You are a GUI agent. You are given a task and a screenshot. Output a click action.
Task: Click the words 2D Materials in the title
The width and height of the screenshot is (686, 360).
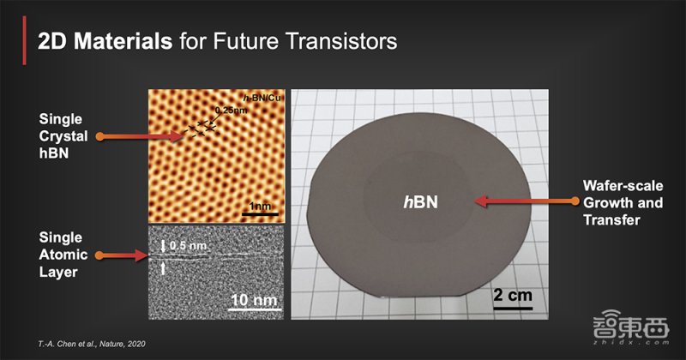105,41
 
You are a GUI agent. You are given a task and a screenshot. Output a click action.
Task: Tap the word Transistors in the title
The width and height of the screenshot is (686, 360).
341,41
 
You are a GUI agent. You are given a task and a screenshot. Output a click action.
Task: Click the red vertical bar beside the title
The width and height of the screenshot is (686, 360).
25,40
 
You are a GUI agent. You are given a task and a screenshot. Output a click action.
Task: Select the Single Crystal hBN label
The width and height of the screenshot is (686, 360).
63,136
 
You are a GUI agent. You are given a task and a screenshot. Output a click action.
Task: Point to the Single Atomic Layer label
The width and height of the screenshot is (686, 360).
63,255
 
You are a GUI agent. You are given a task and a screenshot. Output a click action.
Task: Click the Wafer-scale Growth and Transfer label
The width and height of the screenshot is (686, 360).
623,202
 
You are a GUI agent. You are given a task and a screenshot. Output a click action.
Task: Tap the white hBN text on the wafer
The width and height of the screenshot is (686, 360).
420,202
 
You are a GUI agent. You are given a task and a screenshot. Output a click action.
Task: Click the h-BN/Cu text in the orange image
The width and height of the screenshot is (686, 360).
262,98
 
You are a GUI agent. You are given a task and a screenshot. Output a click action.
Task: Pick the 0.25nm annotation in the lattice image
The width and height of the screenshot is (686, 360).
231,111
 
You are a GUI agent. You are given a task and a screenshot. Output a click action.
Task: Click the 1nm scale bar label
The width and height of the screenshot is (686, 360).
260,206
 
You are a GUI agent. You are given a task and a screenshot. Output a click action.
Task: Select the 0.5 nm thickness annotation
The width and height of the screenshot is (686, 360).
188,245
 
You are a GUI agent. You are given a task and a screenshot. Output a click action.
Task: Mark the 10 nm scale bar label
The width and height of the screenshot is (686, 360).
254,300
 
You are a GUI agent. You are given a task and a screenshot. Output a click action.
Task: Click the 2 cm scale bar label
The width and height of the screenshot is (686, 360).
513,295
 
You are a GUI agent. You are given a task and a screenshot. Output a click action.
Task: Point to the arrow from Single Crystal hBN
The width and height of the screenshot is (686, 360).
140,136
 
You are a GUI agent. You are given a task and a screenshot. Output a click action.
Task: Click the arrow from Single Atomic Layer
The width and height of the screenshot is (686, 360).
123,255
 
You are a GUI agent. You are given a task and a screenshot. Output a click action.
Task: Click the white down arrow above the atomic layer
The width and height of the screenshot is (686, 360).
163,246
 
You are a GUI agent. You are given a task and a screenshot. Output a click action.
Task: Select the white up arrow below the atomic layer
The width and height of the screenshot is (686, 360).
163,267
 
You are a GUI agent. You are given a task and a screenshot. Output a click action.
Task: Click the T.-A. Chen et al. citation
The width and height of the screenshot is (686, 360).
92,345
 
